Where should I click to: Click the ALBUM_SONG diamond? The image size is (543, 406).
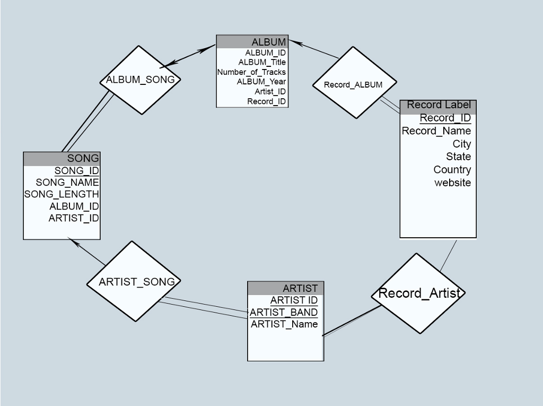pos(141,80)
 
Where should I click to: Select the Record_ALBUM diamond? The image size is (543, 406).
pos(353,84)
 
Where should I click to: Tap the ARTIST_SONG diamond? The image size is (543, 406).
pos(136,282)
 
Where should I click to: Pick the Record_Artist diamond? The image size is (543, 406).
pos(418,293)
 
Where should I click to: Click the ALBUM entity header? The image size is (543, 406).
pos(252,42)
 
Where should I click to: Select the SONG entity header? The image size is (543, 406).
pos(62,158)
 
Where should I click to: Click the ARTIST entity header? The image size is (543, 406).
pos(286,288)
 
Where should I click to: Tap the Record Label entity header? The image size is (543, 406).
pos(438,105)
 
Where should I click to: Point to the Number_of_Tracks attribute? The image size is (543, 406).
pos(251,72)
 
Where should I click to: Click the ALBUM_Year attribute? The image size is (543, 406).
pos(261,82)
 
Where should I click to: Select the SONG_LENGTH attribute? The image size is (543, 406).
pos(62,194)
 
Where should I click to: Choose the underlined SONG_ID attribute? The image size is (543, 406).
pos(76,171)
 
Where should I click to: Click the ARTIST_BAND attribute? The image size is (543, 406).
pos(284,312)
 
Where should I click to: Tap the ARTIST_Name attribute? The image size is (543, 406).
pos(284,324)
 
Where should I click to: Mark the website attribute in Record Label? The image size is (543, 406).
pos(452,183)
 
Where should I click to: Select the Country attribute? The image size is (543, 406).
pos(452,170)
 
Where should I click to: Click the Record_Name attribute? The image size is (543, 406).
pos(436,131)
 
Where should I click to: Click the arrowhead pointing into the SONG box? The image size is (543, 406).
pos(73,243)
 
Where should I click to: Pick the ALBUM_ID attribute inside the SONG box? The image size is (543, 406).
pos(74,206)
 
